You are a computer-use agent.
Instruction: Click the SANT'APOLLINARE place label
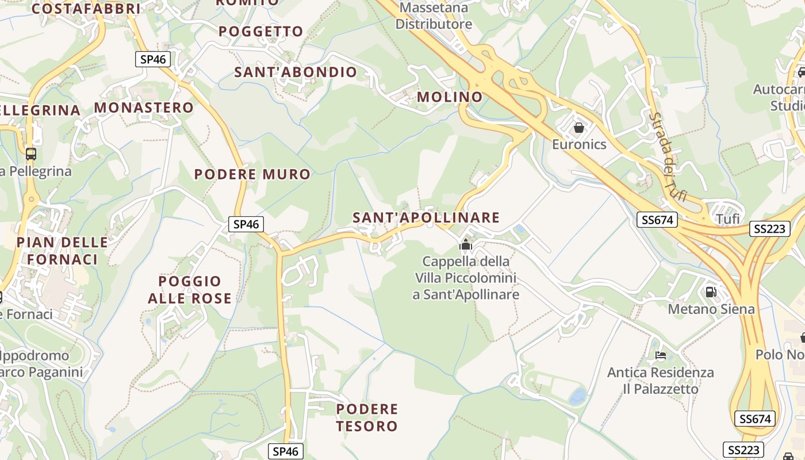pos(426,217)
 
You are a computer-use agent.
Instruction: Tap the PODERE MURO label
pos(252,174)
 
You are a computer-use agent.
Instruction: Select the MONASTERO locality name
pos(144,108)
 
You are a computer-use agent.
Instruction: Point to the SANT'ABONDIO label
pos(296,72)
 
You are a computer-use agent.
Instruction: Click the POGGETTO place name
pos(261,31)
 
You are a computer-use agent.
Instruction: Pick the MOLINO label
pos(450,97)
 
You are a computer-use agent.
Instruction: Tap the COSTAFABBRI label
pos(86,9)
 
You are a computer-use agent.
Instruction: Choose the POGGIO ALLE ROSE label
pos(190,289)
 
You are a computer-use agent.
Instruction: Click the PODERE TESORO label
pos(367,417)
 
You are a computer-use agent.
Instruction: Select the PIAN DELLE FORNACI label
pos(62,251)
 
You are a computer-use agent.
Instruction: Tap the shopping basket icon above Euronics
pos(579,128)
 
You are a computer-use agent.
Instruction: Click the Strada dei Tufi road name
pos(667,156)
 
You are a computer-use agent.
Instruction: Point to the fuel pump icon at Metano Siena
pos(711,292)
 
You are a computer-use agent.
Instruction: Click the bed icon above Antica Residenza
pos(661,355)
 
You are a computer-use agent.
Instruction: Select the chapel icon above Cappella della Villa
pos(465,246)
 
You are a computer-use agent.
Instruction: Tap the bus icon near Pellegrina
pos(31,154)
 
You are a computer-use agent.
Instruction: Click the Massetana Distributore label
pos(434,16)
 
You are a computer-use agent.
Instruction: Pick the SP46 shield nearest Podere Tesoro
pos(286,451)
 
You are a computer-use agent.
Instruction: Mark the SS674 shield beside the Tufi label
pos(657,219)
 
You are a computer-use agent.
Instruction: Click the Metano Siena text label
pos(711,309)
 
